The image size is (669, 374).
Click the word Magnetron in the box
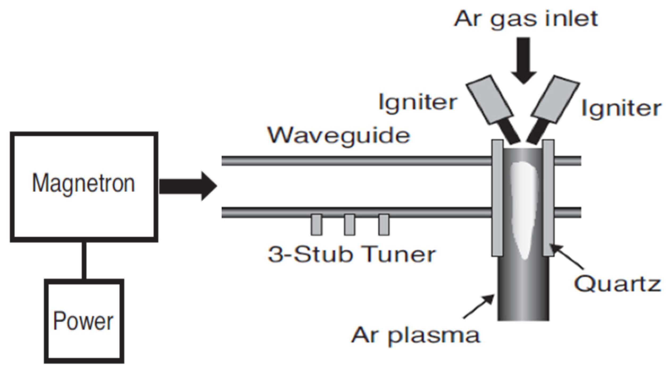pos(84,184)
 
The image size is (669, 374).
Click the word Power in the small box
pos(83,321)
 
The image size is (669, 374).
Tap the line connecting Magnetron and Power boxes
pos(84,260)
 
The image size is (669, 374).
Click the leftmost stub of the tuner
pos(316,225)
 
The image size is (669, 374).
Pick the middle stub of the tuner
pos(349,225)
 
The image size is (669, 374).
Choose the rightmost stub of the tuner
pos(384,225)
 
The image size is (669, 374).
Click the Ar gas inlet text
pos(526,19)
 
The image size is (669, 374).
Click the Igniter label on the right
pos(621,109)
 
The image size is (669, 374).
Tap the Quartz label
pos(617,284)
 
